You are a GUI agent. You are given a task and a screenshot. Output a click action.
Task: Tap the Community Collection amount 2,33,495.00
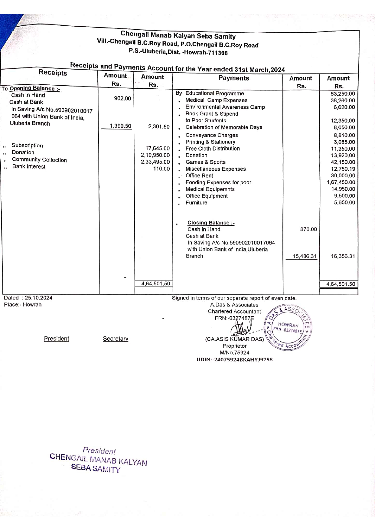[x=155, y=162]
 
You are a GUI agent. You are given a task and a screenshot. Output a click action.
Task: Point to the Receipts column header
[x=53, y=73]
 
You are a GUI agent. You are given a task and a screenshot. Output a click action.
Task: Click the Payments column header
[x=234, y=78]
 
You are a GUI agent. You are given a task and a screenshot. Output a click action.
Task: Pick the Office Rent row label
[x=199, y=176]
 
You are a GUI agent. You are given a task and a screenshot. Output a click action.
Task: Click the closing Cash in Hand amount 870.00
[x=308, y=229]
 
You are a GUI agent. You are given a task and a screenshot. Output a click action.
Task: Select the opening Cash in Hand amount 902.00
[x=122, y=98]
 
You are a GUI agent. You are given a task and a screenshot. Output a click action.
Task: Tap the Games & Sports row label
[x=205, y=162]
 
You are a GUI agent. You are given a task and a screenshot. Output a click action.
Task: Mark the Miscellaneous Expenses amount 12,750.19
[x=343, y=169]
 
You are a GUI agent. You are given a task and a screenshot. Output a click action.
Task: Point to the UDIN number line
[x=234, y=360]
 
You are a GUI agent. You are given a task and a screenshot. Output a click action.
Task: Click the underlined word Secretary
[x=116, y=339]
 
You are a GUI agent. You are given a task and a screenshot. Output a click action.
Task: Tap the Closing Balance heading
[x=211, y=223]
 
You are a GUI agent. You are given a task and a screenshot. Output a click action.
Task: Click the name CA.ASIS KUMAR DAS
[x=234, y=339]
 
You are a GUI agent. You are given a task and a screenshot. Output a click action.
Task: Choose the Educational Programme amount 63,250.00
[x=343, y=94]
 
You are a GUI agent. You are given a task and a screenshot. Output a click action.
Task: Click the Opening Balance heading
[x=35, y=89]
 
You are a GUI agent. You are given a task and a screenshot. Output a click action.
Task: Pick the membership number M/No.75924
[x=234, y=353]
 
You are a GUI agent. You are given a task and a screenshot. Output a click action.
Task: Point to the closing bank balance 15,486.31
[x=305, y=256]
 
